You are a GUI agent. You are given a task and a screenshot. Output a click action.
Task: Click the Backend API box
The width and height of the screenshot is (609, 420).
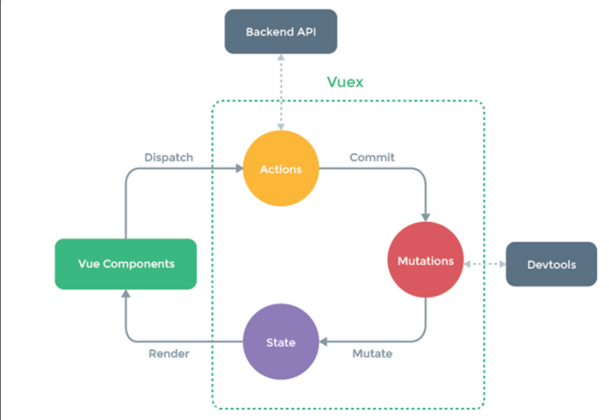pos(281,32)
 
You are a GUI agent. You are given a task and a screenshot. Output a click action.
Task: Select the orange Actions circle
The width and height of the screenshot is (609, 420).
pos(281,169)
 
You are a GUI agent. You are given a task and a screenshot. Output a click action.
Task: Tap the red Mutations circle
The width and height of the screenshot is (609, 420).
pos(425,260)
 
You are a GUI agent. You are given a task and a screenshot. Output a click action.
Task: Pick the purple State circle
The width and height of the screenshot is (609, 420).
pos(281,342)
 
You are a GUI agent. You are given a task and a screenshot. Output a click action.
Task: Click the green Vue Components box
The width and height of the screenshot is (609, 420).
pos(126,264)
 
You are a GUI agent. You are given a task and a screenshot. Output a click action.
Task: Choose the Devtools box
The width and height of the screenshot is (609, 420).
pos(551,264)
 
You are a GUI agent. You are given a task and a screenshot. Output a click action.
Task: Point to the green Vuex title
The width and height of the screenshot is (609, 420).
pos(345,82)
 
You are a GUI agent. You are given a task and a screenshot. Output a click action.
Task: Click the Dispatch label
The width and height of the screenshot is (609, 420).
pos(169,158)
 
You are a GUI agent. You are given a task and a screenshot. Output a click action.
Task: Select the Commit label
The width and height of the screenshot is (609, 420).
pos(372,157)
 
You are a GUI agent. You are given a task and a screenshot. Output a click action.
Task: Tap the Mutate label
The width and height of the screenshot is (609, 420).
pos(372,353)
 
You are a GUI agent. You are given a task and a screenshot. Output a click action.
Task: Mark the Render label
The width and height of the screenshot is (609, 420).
pos(169,353)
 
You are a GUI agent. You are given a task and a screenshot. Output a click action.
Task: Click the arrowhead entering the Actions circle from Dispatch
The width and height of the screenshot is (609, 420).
pos(239,169)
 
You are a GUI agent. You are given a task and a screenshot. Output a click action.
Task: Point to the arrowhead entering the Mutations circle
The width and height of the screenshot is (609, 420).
pos(425,218)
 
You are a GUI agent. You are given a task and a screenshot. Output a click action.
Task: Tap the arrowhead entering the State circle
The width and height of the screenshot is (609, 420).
pos(323,342)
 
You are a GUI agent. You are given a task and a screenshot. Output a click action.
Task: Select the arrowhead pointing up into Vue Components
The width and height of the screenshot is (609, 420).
pos(126,294)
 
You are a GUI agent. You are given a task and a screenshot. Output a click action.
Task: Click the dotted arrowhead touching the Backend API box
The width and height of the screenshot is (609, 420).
pos(281,58)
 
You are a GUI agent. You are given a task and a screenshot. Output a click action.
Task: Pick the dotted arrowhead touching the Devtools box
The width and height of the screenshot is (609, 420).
pos(502,264)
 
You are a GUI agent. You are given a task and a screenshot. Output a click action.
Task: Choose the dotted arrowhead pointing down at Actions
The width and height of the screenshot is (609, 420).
pos(281,127)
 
